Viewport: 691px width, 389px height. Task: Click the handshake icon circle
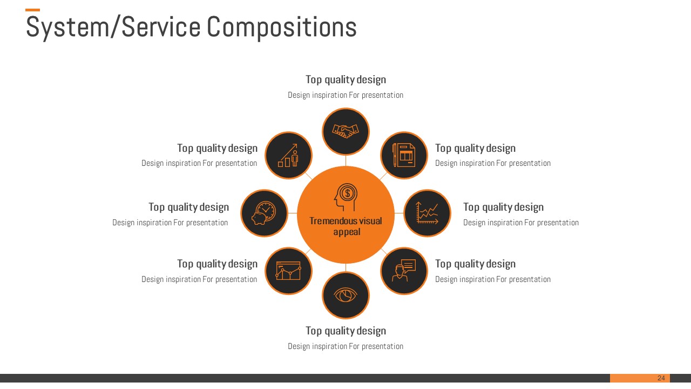click(x=345, y=131)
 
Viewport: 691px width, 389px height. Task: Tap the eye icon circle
click(x=345, y=296)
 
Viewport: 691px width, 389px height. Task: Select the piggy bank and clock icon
click(x=264, y=213)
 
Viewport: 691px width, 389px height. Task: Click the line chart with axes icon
click(x=427, y=213)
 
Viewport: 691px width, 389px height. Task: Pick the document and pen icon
click(x=404, y=155)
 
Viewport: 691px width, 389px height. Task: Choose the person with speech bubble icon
click(x=404, y=271)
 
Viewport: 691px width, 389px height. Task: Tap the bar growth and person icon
click(x=288, y=155)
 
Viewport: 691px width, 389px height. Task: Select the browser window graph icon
click(x=288, y=271)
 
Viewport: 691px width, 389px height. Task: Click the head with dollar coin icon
click(x=346, y=197)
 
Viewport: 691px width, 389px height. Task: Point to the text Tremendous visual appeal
click(x=346, y=226)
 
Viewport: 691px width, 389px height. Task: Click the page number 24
click(x=661, y=378)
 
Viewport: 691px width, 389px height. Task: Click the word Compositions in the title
click(x=281, y=28)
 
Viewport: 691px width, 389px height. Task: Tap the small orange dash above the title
click(x=32, y=10)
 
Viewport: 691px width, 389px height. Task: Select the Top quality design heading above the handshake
click(x=346, y=79)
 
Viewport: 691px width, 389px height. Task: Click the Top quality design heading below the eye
click(x=346, y=331)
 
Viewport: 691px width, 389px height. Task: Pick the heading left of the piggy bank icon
click(x=189, y=207)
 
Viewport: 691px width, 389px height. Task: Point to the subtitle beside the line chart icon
click(x=521, y=223)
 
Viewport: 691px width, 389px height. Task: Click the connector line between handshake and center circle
click(x=346, y=160)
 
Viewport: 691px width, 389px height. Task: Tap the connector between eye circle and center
click(x=346, y=267)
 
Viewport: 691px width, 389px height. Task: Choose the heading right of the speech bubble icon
click(x=476, y=264)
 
